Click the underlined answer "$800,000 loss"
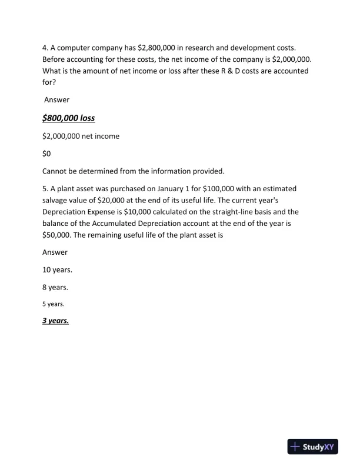tap(68, 118)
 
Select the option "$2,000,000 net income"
tap(81, 136)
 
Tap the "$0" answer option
tap(48, 154)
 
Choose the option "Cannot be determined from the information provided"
tap(133, 171)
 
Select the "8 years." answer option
tap(55, 287)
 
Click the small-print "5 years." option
tap(53, 304)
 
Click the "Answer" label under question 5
tap(55, 252)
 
